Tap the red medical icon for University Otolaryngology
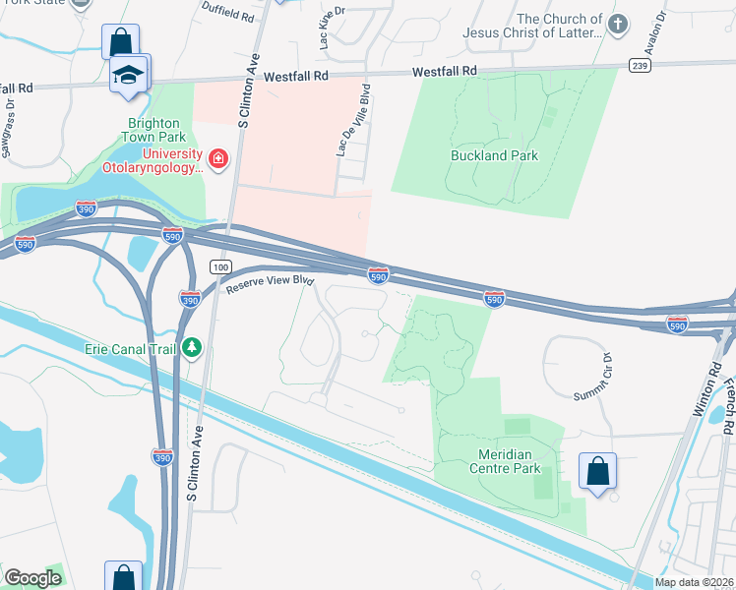click(x=218, y=158)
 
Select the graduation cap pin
click(x=129, y=76)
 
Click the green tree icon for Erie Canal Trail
click(x=193, y=347)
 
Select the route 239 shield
click(x=640, y=66)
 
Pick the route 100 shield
click(x=220, y=267)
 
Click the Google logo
click(x=32, y=578)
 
